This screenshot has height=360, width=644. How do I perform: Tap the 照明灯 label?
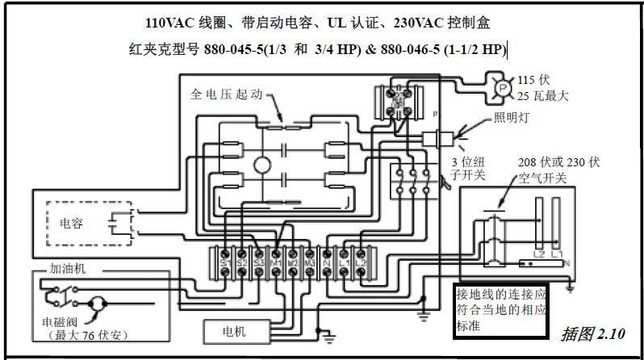coord(511,117)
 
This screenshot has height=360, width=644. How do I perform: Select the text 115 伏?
coord(533,81)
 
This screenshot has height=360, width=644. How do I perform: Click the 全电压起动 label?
coord(228,94)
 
